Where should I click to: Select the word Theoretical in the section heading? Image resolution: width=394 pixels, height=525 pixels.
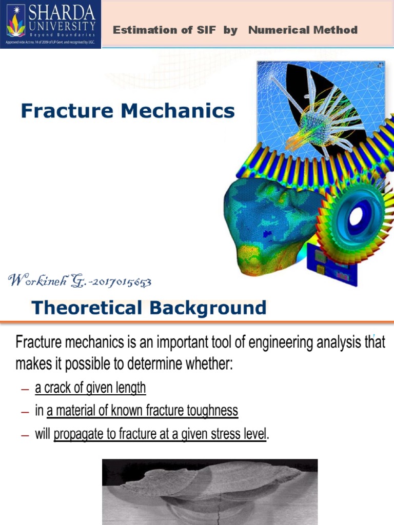point(86,308)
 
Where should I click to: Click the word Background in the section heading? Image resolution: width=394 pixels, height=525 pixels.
point(207,308)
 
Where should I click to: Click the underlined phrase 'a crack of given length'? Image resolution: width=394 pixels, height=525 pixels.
point(90,388)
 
